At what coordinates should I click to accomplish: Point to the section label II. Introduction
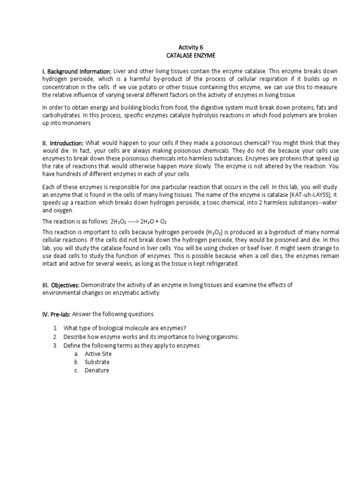tap(63, 142)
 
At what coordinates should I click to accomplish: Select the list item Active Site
tap(97, 353)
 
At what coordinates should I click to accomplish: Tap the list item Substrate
tap(97, 362)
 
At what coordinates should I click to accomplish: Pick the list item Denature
tap(97, 370)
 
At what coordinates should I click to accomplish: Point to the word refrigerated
tap(222, 264)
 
